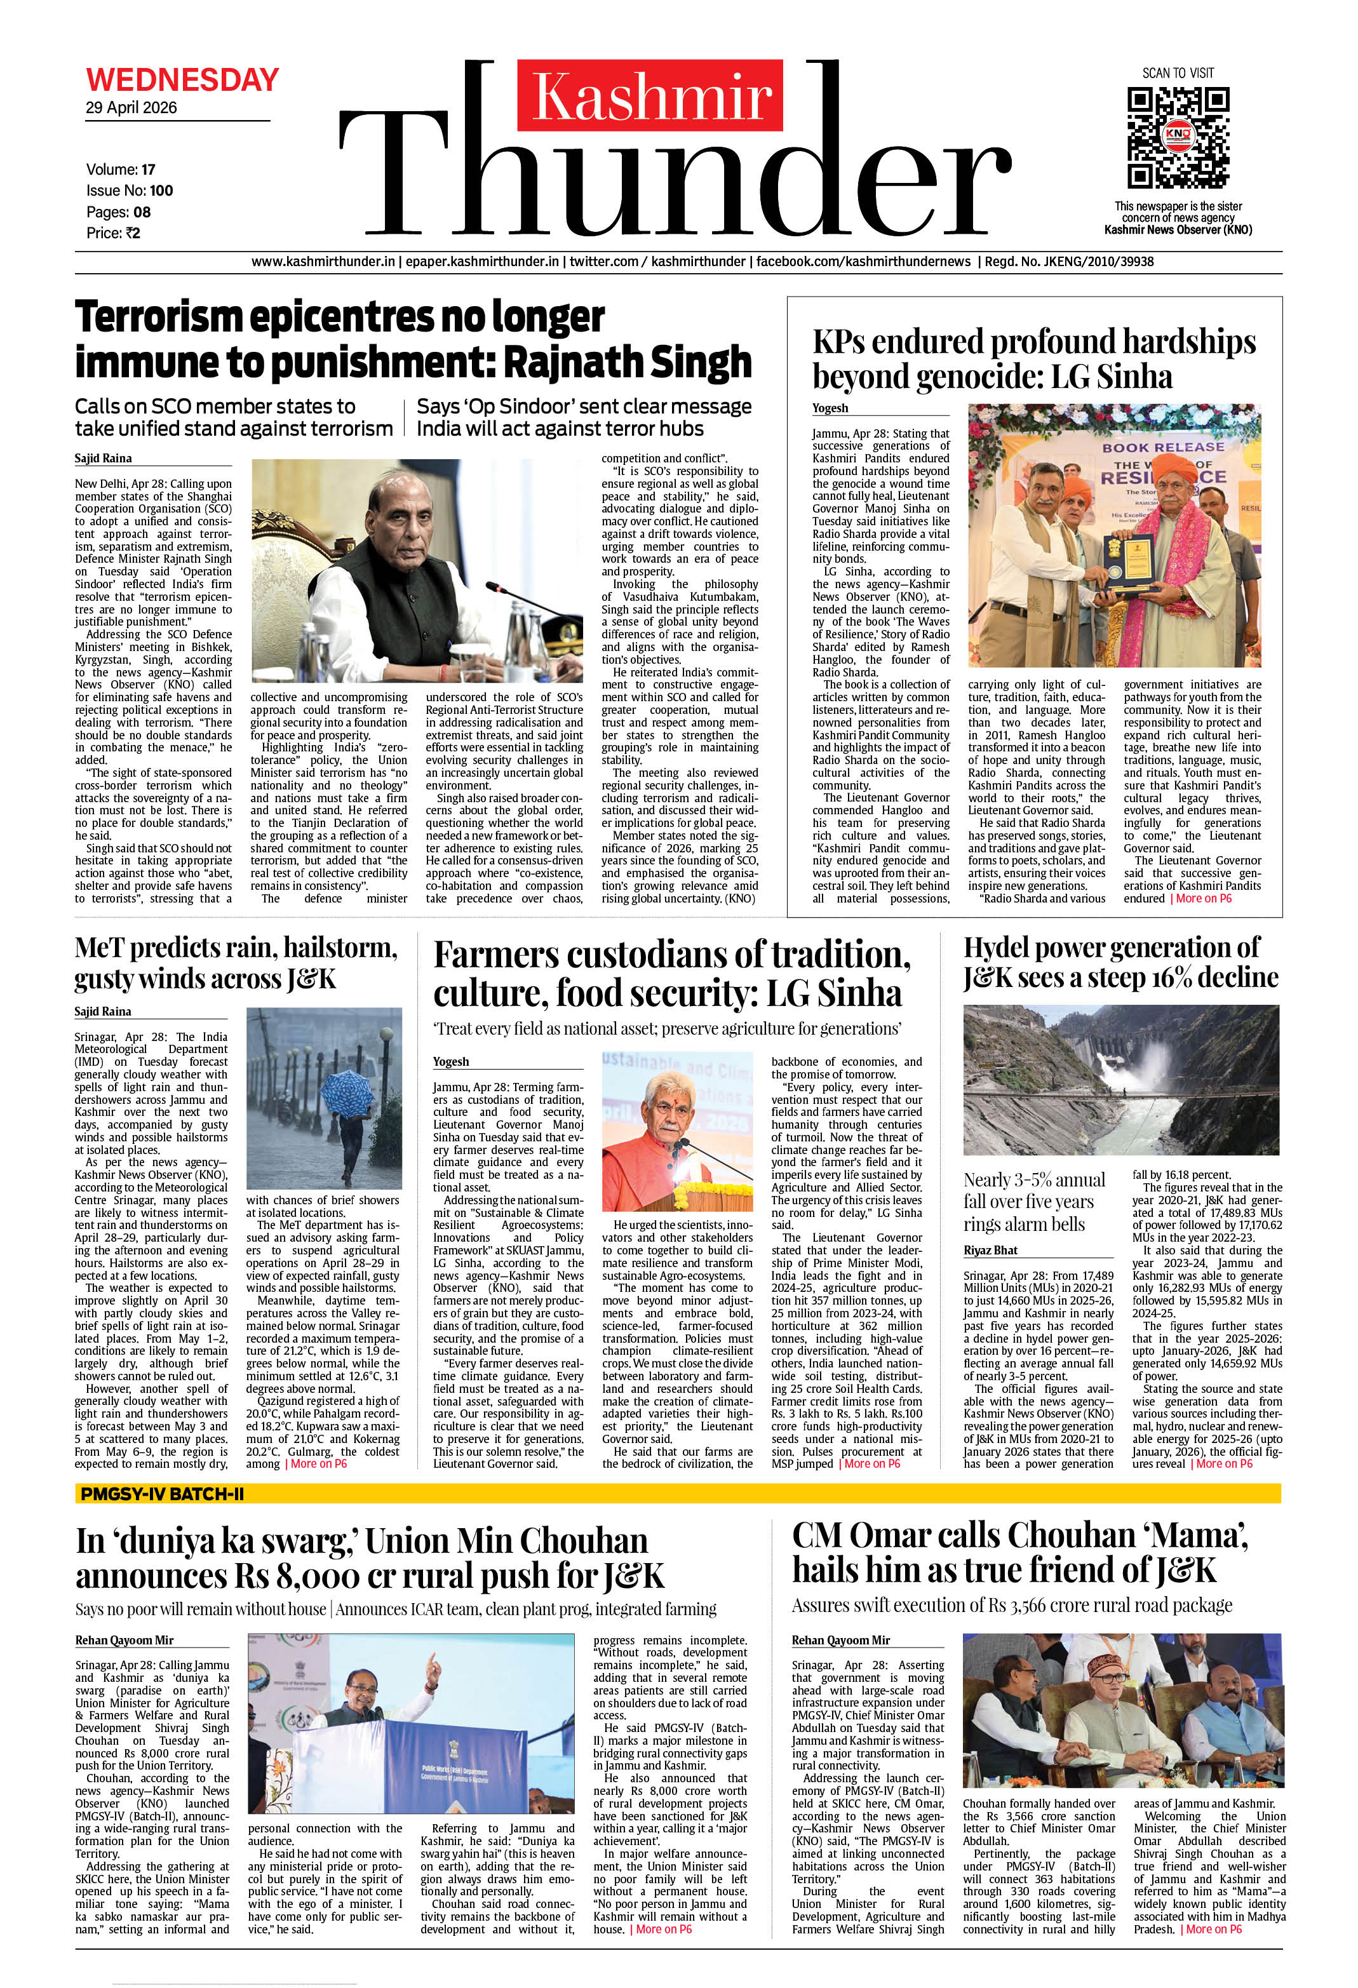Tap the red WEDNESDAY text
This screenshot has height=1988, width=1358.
(182, 81)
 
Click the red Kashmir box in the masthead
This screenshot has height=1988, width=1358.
(650, 96)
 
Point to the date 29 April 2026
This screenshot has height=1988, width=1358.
(131, 108)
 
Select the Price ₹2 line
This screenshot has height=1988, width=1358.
(113, 232)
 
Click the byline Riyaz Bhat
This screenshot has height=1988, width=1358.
(990, 1250)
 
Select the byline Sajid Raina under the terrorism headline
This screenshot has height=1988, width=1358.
(103, 459)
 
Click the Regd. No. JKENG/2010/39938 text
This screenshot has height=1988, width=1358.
(1069, 262)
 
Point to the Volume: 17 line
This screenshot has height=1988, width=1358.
(121, 170)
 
